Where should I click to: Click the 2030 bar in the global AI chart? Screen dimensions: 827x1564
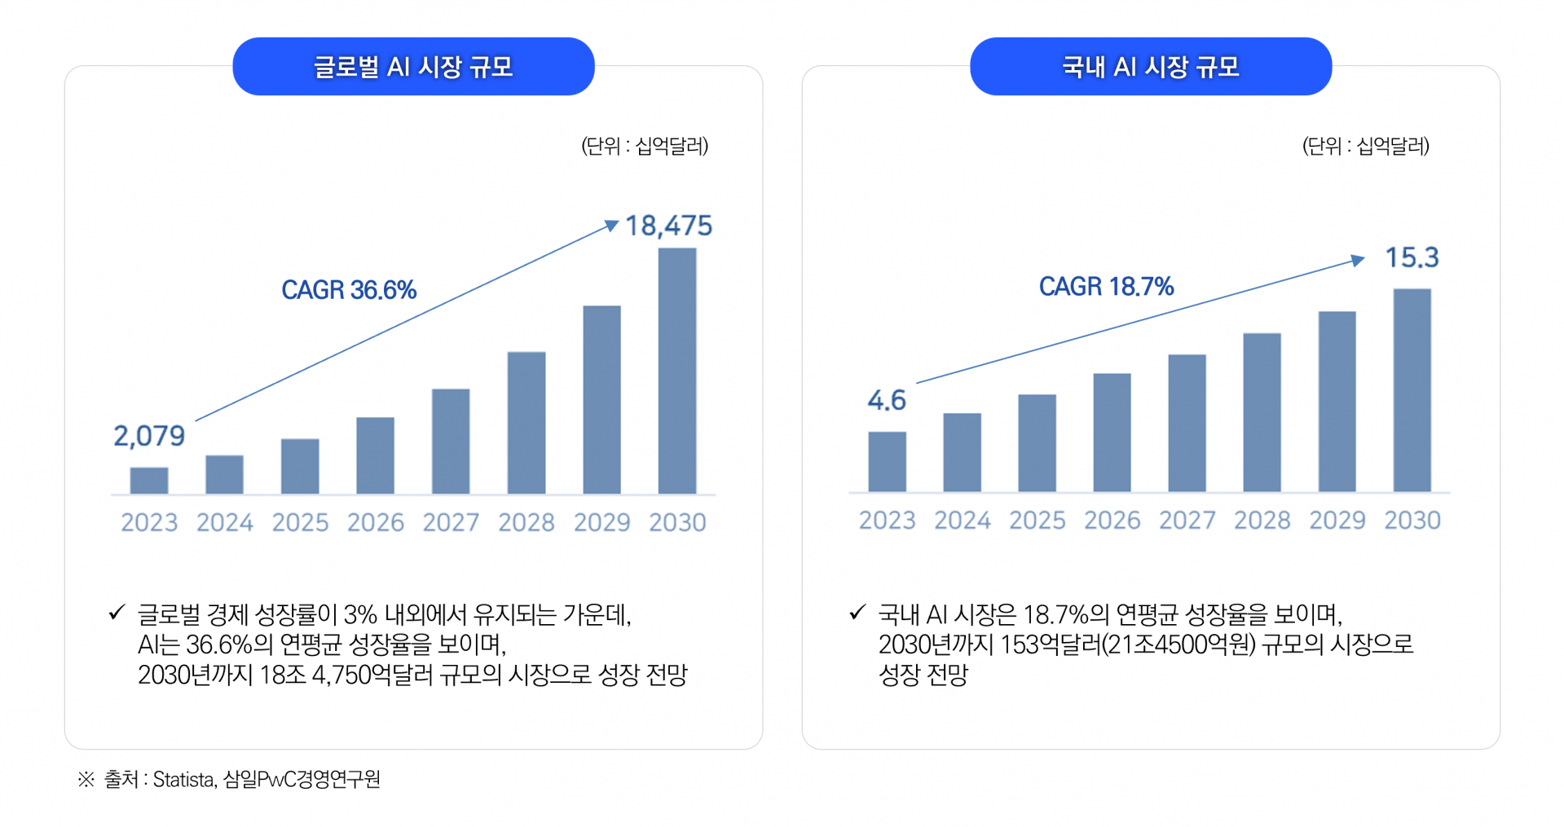pyautogui.click(x=676, y=371)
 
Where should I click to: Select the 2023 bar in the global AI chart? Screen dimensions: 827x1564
pyautogui.click(x=149, y=481)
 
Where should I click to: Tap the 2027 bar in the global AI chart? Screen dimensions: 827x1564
pyautogui.click(x=451, y=441)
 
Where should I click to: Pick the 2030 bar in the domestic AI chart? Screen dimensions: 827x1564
pyautogui.click(x=1412, y=390)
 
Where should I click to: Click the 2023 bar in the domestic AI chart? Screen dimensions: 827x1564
pyautogui.click(x=887, y=461)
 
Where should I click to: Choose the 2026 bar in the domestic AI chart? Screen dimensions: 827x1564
pyautogui.click(x=1112, y=432)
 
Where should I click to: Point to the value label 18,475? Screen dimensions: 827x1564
pyautogui.click(x=668, y=226)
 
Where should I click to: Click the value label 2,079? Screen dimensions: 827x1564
pyautogui.click(x=149, y=436)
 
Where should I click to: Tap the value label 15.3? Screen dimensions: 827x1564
pyautogui.click(x=1412, y=257)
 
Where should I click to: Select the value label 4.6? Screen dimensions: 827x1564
pyautogui.click(x=887, y=400)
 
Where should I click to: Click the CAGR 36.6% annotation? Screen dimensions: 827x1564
pyautogui.click(x=349, y=290)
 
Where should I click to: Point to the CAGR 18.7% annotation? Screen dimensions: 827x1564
pyautogui.click(x=1106, y=287)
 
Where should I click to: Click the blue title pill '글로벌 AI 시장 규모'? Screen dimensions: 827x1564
pyautogui.click(x=413, y=66)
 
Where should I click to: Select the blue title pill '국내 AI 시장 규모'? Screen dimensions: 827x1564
pyautogui.click(x=1150, y=66)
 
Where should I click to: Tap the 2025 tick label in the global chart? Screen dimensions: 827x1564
pyautogui.click(x=300, y=522)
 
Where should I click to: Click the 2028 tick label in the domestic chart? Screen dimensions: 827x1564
pyautogui.click(x=1262, y=520)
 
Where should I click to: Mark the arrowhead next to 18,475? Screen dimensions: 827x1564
pyautogui.click(x=611, y=225)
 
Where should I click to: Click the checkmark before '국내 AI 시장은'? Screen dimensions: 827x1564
pyautogui.click(x=857, y=612)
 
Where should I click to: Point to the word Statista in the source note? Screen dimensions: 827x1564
pyautogui.click(x=183, y=780)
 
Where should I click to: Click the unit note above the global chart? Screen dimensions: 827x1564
pyautogui.click(x=645, y=146)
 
